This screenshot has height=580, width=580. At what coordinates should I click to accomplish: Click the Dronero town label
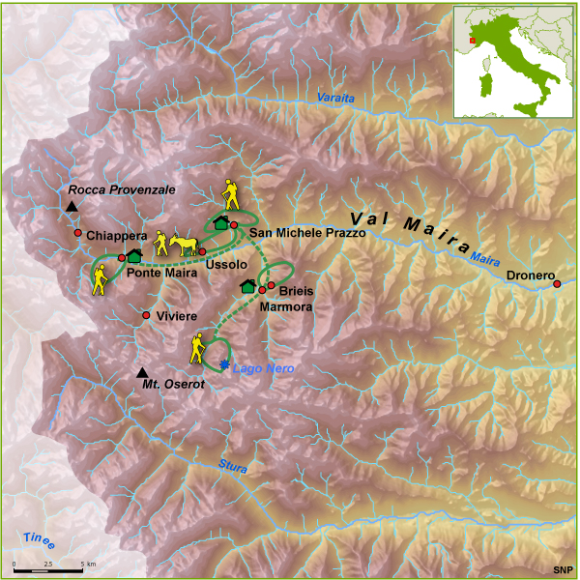528,275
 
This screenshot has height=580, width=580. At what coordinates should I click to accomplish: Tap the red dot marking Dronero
557,283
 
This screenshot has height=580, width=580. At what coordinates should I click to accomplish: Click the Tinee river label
40,541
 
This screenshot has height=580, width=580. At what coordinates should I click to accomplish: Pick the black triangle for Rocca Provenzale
72,207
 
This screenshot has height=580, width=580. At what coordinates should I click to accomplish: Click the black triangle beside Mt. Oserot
142,373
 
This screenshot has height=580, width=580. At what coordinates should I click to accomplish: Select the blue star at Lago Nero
225,364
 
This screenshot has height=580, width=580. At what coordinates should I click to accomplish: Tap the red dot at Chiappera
77,233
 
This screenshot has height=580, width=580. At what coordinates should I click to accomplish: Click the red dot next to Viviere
146,316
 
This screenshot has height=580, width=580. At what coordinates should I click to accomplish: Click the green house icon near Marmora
247,285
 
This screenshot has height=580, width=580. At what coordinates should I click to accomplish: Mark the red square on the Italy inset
473,41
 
